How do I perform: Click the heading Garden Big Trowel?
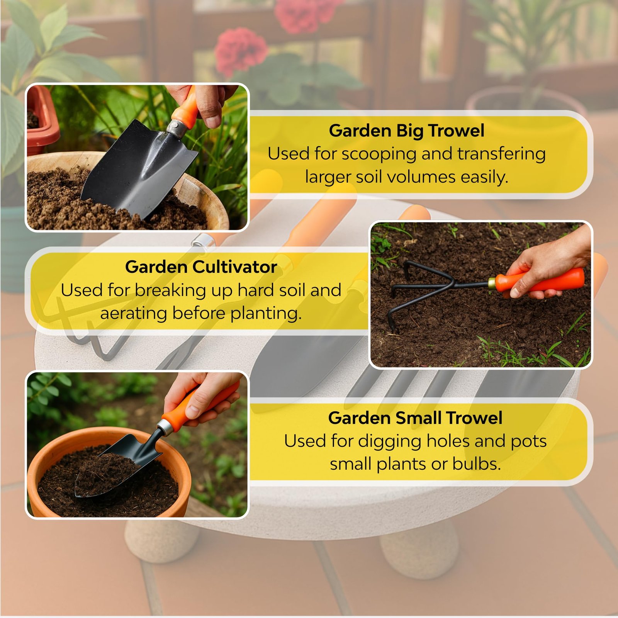[x=406, y=131]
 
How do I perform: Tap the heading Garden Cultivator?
[x=201, y=267]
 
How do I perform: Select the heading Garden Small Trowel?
[x=415, y=418]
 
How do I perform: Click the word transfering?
[x=501, y=154]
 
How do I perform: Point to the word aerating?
[x=133, y=313]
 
